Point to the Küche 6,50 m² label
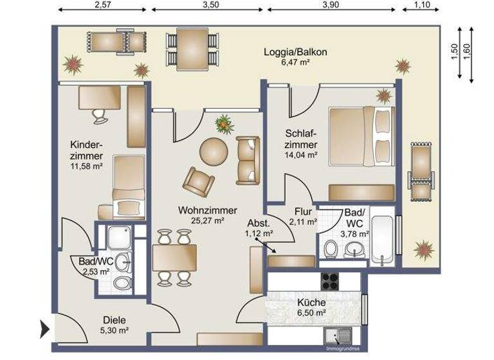(311, 307)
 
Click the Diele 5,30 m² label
(116, 326)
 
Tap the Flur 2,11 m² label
(303, 216)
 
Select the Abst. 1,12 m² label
(259, 228)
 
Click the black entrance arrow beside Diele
(45, 328)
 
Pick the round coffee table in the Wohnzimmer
(214, 152)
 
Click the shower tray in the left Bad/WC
(117, 238)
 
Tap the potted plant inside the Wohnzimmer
(224, 123)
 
